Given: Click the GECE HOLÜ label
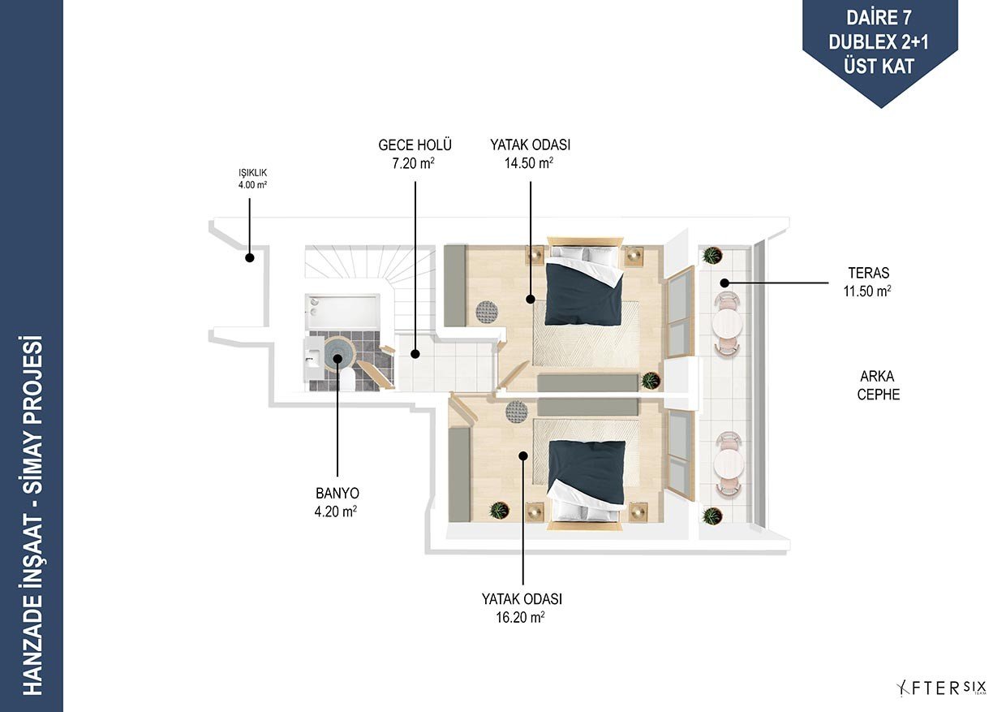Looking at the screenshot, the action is coord(415,145).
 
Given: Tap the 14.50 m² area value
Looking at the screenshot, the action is coord(529,162).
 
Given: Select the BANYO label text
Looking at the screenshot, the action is coord(337,493).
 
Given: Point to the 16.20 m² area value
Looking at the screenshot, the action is coord(520,617).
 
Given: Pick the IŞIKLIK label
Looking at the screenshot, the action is coord(252,173).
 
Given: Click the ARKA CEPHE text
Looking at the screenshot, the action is coord(878,385).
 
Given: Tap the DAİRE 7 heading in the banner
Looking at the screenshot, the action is coord(879,19).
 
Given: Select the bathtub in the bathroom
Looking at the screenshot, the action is coord(342,312).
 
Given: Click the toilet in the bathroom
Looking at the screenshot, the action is coord(347,380).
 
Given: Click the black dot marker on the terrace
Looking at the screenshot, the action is coord(724,283).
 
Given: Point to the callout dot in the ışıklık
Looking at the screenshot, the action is coord(250,257).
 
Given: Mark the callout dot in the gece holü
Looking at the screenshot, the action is coord(415,354).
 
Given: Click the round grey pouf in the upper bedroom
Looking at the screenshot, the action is coord(487,312).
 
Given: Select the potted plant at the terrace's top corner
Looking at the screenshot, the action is coord(712,255).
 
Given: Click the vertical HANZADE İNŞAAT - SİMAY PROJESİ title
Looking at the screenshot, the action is coord(32,515).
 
